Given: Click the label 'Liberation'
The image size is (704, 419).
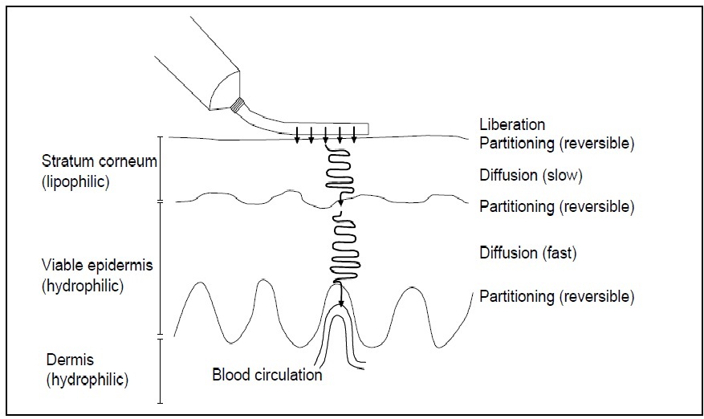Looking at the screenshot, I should [511, 124].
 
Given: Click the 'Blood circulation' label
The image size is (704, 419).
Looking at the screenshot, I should [267, 374].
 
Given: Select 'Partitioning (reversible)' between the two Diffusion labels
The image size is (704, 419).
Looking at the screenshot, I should [556, 206].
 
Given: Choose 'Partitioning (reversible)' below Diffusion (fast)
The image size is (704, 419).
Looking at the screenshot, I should [556, 296].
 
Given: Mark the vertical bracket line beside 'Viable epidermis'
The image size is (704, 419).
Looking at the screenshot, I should [161, 267].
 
